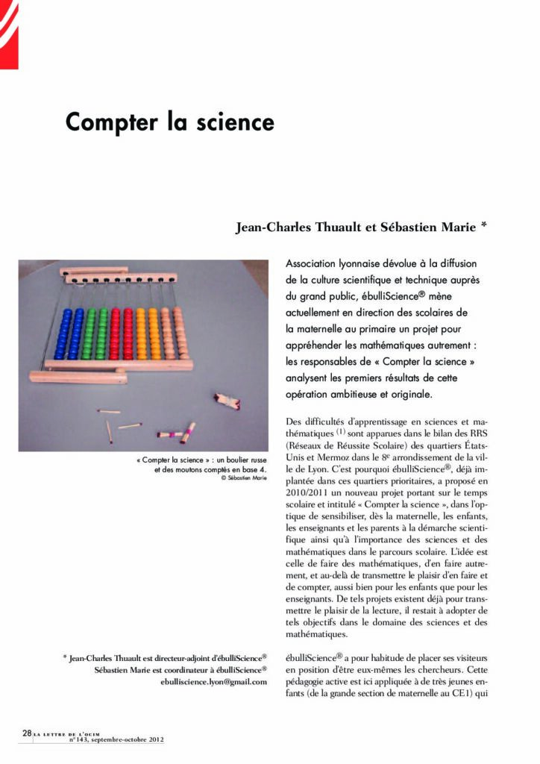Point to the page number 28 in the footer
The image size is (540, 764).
coord(26,733)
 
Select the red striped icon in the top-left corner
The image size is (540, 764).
coord(9,34)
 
